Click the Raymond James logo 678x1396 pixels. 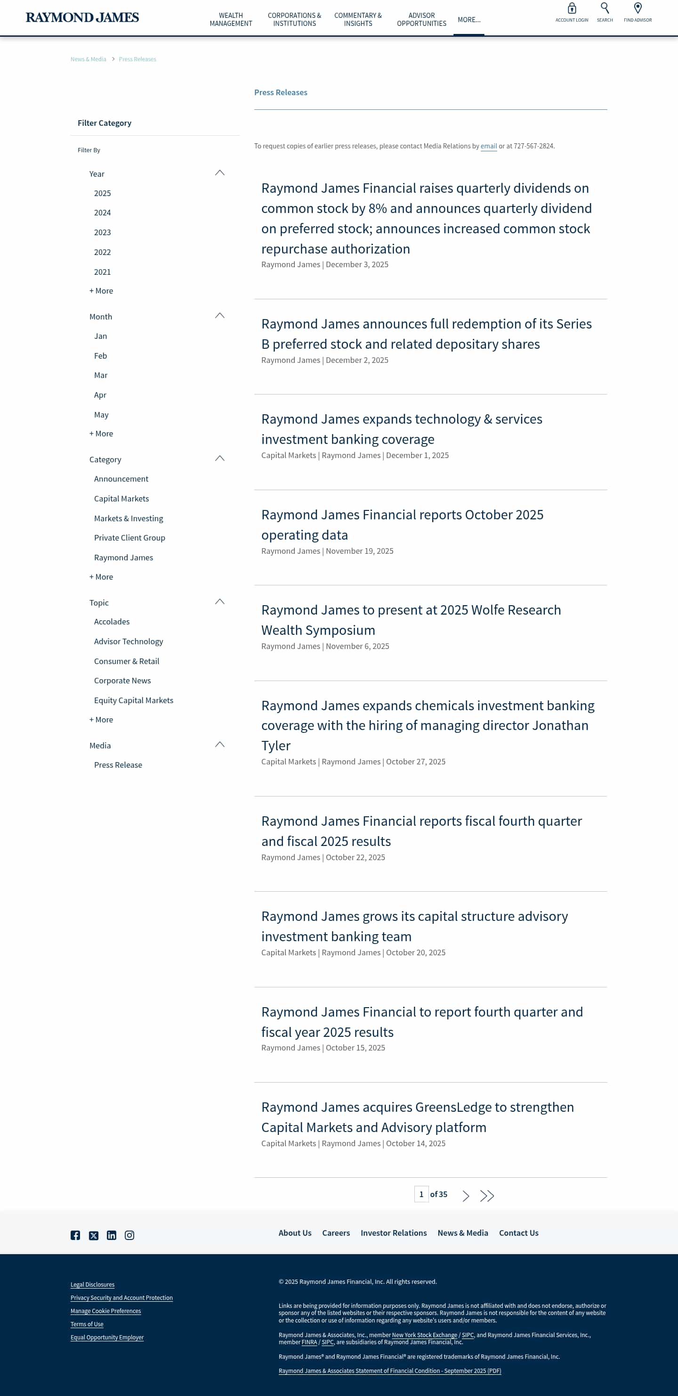pyautogui.click(x=82, y=17)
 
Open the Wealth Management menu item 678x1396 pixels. pyautogui.click(x=231, y=19)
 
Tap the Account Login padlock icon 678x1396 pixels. pyautogui.click(x=571, y=8)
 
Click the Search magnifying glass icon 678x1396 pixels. pyautogui.click(x=605, y=8)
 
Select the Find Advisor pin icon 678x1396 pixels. pyautogui.click(x=638, y=8)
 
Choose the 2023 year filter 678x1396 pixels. pyautogui.click(x=102, y=232)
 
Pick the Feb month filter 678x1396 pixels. pyautogui.click(x=100, y=356)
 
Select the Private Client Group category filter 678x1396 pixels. pyautogui.click(x=129, y=538)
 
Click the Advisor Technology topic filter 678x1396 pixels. pyautogui.click(x=129, y=641)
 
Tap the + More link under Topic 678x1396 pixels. pyautogui.click(x=101, y=720)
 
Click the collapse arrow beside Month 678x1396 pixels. pyautogui.click(x=219, y=315)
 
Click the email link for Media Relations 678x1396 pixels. pyautogui.click(x=488, y=146)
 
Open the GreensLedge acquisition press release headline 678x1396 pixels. pyautogui.click(x=417, y=1117)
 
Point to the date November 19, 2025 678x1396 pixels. pyautogui.click(x=360, y=551)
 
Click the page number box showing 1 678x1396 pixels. pyautogui.click(x=421, y=1194)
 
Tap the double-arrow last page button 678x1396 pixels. pyautogui.click(x=487, y=1196)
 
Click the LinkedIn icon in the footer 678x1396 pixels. pyautogui.click(x=112, y=1235)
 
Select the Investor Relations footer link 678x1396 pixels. pyautogui.click(x=394, y=1233)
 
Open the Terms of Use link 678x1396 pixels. pyautogui.click(x=87, y=1324)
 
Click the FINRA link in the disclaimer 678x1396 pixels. pyautogui.click(x=309, y=1342)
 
